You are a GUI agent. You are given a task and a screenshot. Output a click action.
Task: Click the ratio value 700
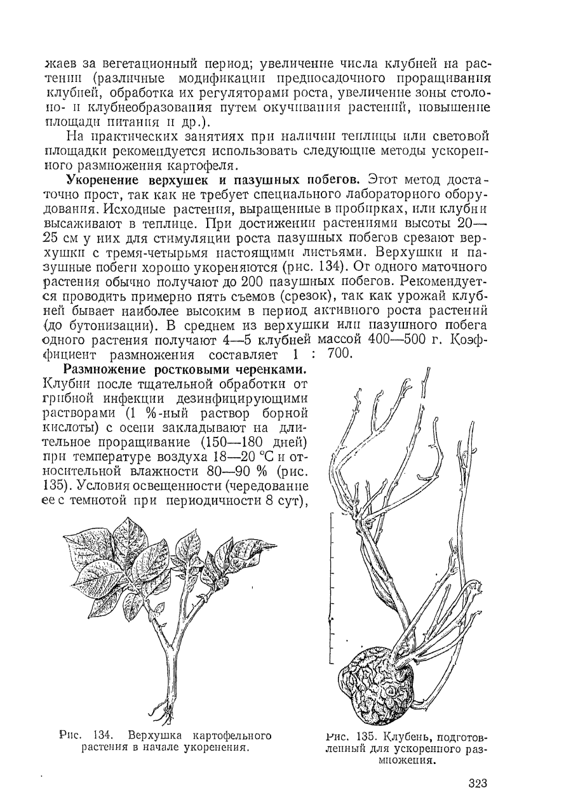(x=339, y=354)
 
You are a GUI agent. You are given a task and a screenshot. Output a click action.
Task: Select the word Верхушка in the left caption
(x=155, y=737)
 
